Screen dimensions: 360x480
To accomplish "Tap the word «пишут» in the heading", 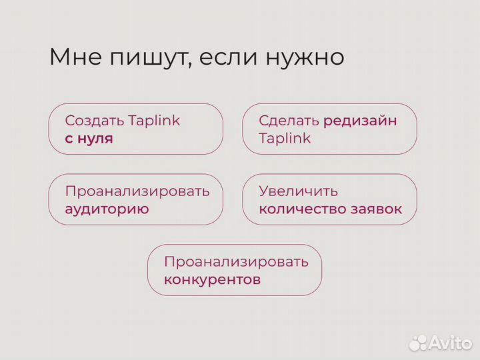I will (139, 58).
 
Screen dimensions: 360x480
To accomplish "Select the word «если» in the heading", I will (227, 57).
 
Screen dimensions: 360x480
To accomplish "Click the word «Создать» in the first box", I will (94, 121).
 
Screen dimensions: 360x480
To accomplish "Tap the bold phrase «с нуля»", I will (89, 139).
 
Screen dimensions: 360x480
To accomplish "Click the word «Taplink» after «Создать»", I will (154, 121).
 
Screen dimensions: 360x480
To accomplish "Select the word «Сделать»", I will (289, 121).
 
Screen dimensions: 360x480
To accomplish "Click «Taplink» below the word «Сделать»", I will (285, 139).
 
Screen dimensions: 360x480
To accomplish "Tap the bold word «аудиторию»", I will (107, 209).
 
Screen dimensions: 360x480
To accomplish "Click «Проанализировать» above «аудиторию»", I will (137, 191).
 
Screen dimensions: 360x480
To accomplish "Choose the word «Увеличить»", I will (299, 191).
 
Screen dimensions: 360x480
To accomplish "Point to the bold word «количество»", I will (302, 209).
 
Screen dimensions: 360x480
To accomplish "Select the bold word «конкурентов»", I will (212, 280).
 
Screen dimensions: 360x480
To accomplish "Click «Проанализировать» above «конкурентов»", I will (236, 261).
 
